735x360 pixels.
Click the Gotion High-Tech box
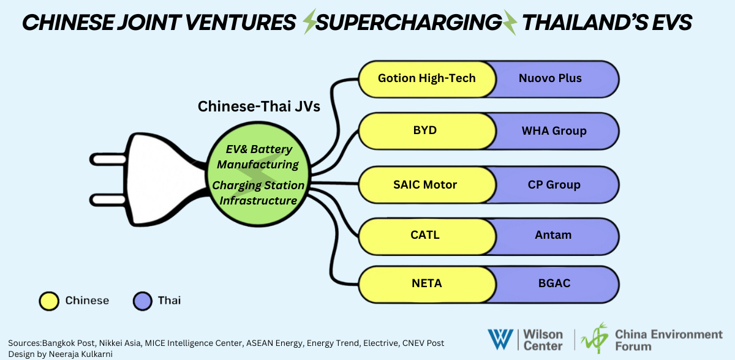(426, 78)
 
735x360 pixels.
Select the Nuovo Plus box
(550, 78)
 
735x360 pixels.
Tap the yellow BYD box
(425, 131)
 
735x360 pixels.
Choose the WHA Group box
(554, 131)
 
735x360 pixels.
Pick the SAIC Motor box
(425, 184)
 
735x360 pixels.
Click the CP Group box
(554, 184)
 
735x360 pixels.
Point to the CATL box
(425, 234)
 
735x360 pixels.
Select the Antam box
(553, 234)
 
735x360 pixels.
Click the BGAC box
(553, 284)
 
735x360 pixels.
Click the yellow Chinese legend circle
(48, 301)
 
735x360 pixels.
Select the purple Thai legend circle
(142, 301)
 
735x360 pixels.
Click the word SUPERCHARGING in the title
(409, 23)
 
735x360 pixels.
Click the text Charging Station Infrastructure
(258, 192)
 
